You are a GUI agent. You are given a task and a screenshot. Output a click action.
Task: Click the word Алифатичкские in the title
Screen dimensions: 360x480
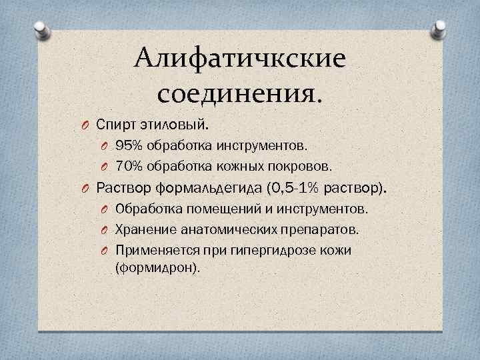[240, 59]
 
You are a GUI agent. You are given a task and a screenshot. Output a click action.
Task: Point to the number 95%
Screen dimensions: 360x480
[127, 145]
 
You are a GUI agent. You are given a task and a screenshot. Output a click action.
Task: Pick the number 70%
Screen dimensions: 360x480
[127, 165]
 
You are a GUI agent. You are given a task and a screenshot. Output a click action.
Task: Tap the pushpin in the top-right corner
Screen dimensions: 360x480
[439, 27]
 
